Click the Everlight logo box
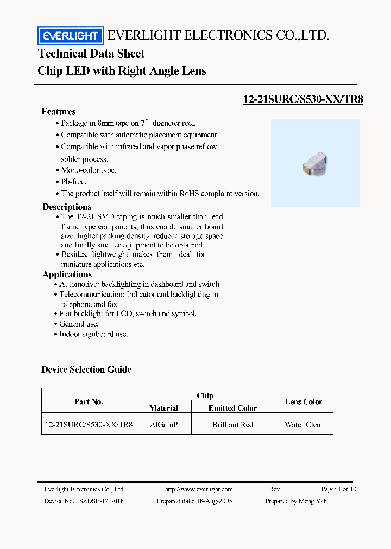click(x=70, y=36)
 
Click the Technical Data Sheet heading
click(x=91, y=54)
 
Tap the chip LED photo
click(x=314, y=163)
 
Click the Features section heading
click(x=59, y=112)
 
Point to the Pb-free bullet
click(x=73, y=182)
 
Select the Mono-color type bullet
click(x=88, y=170)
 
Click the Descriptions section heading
click(x=67, y=207)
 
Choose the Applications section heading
click(x=67, y=274)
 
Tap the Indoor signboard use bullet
click(x=93, y=334)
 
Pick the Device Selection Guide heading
click(x=86, y=369)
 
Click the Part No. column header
click(x=89, y=402)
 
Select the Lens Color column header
click(x=303, y=402)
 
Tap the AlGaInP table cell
click(x=163, y=425)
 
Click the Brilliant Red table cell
click(x=232, y=425)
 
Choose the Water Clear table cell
click(x=303, y=425)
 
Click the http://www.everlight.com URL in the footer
click(x=199, y=489)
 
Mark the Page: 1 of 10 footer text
click(x=339, y=489)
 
